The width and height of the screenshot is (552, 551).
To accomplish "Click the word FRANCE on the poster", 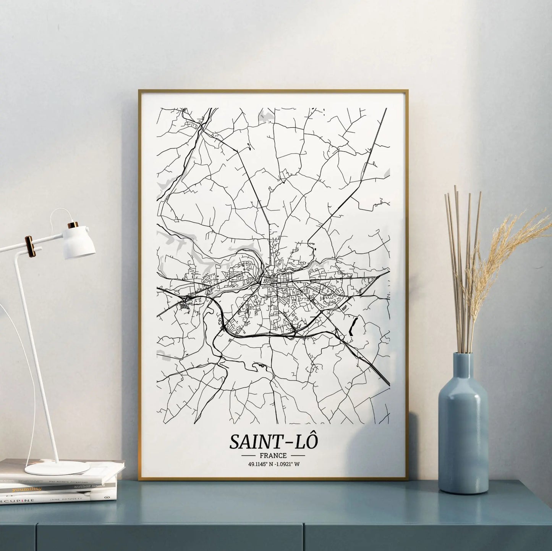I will point(273,455).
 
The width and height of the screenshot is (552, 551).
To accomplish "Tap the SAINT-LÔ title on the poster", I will point(273,441).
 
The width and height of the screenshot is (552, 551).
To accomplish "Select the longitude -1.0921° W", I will point(286,464).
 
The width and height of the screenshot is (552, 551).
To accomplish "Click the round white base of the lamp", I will point(57,468).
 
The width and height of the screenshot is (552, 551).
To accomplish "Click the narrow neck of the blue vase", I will point(463,366).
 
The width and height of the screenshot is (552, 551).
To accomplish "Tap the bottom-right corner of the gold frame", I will point(407,479).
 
